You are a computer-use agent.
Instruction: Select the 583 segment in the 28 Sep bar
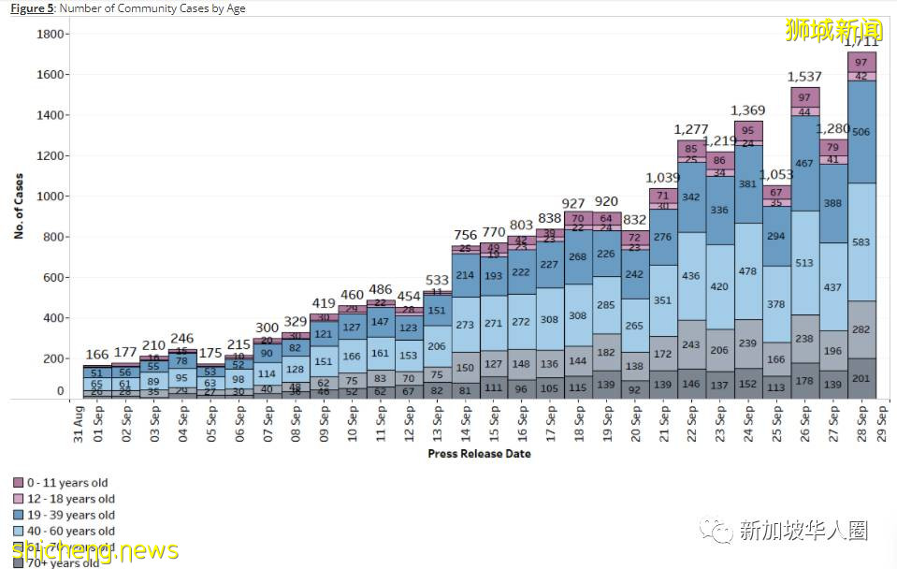861,242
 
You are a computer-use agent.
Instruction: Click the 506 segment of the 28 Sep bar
861,132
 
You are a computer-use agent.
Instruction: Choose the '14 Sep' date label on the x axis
464,424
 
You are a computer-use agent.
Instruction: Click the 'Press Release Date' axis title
479,454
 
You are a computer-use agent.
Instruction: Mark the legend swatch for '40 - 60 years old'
18,531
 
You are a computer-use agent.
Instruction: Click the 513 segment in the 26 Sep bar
803,263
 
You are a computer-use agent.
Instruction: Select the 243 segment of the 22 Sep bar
691,345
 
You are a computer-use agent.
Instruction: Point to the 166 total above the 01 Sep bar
97,355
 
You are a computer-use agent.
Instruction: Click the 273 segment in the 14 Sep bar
465,326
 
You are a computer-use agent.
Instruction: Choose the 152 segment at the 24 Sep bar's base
747,384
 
